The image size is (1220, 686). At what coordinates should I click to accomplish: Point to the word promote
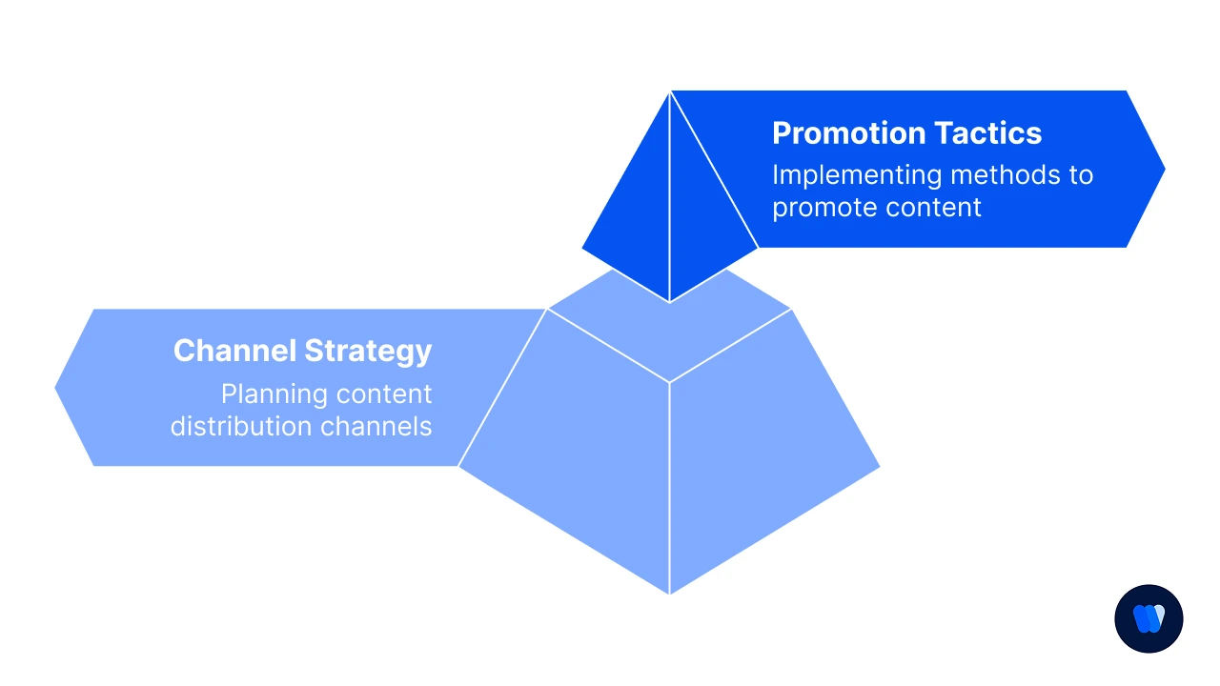point(820,208)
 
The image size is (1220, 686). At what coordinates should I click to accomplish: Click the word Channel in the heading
point(234,351)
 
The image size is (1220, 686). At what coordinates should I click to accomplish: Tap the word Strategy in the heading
point(368,352)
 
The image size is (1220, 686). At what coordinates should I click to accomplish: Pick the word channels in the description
point(376,425)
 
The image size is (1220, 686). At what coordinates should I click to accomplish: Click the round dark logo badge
point(1149,618)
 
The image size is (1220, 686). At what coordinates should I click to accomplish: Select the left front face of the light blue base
point(572,457)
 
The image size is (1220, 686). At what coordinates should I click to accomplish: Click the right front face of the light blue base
point(762,457)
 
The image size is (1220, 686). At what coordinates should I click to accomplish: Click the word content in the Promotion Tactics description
point(940,208)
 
